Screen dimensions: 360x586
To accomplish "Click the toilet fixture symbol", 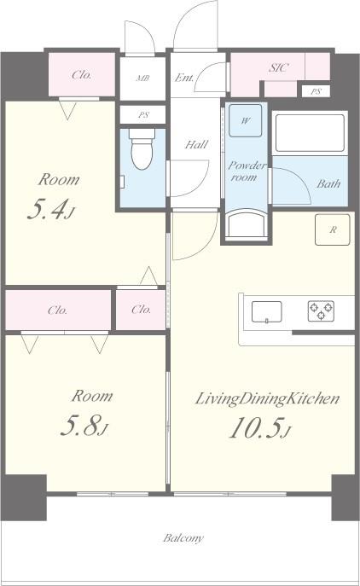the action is pyautogui.click(x=142, y=148).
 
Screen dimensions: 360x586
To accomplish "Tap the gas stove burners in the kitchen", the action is pyautogui.click(x=321, y=311).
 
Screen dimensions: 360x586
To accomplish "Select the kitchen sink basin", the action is pyautogui.click(x=266, y=311).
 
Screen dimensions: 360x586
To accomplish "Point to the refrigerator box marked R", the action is pyautogui.click(x=333, y=229).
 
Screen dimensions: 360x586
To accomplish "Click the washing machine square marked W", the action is pyautogui.click(x=245, y=120).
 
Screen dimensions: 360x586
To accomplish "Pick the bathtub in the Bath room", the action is pyautogui.click(x=310, y=133).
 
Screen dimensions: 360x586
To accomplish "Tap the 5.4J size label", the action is pyautogui.click(x=51, y=210).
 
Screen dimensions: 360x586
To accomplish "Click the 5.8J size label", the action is pyautogui.click(x=84, y=426).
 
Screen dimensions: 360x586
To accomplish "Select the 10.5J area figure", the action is pyautogui.click(x=260, y=427).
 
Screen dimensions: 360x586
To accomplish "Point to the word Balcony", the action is pyautogui.click(x=183, y=537).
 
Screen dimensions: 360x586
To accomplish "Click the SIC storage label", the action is pyautogui.click(x=278, y=67).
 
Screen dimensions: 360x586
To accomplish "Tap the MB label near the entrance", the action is pyautogui.click(x=142, y=78).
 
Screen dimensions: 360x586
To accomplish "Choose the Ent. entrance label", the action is pyautogui.click(x=184, y=78).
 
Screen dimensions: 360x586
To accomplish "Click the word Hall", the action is pyautogui.click(x=196, y=144).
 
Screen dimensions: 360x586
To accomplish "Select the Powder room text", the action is pyautogui.click(x=247, y=171).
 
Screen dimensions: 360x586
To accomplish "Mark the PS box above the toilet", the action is pyautogui.click(x=142, y=114).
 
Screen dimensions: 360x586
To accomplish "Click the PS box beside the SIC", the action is pyautogui.click(x=316, y=91).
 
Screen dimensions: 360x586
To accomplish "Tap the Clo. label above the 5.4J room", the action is pyautogui.click(x=82, y=75).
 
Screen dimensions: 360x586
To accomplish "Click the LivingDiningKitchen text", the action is pyautogui.click(x=267, y=399).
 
